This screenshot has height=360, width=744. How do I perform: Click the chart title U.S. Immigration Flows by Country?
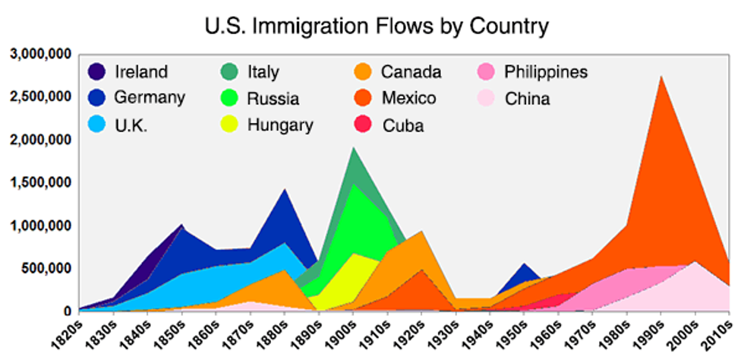(377, 27)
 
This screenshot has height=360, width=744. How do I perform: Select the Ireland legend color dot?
(97, 73)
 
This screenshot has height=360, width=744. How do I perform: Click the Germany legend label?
(150, 98)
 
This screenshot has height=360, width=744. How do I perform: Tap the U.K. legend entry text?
(131, 125)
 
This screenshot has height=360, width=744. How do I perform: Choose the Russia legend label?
(273, 99)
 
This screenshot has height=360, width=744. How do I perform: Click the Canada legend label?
(411, 73)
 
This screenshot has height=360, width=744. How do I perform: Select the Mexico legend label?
(408, 98)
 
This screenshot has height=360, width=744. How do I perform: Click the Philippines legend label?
(546, 73)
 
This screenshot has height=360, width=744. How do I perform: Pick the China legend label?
(528, 99)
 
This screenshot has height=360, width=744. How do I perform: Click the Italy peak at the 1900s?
(354, 150)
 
